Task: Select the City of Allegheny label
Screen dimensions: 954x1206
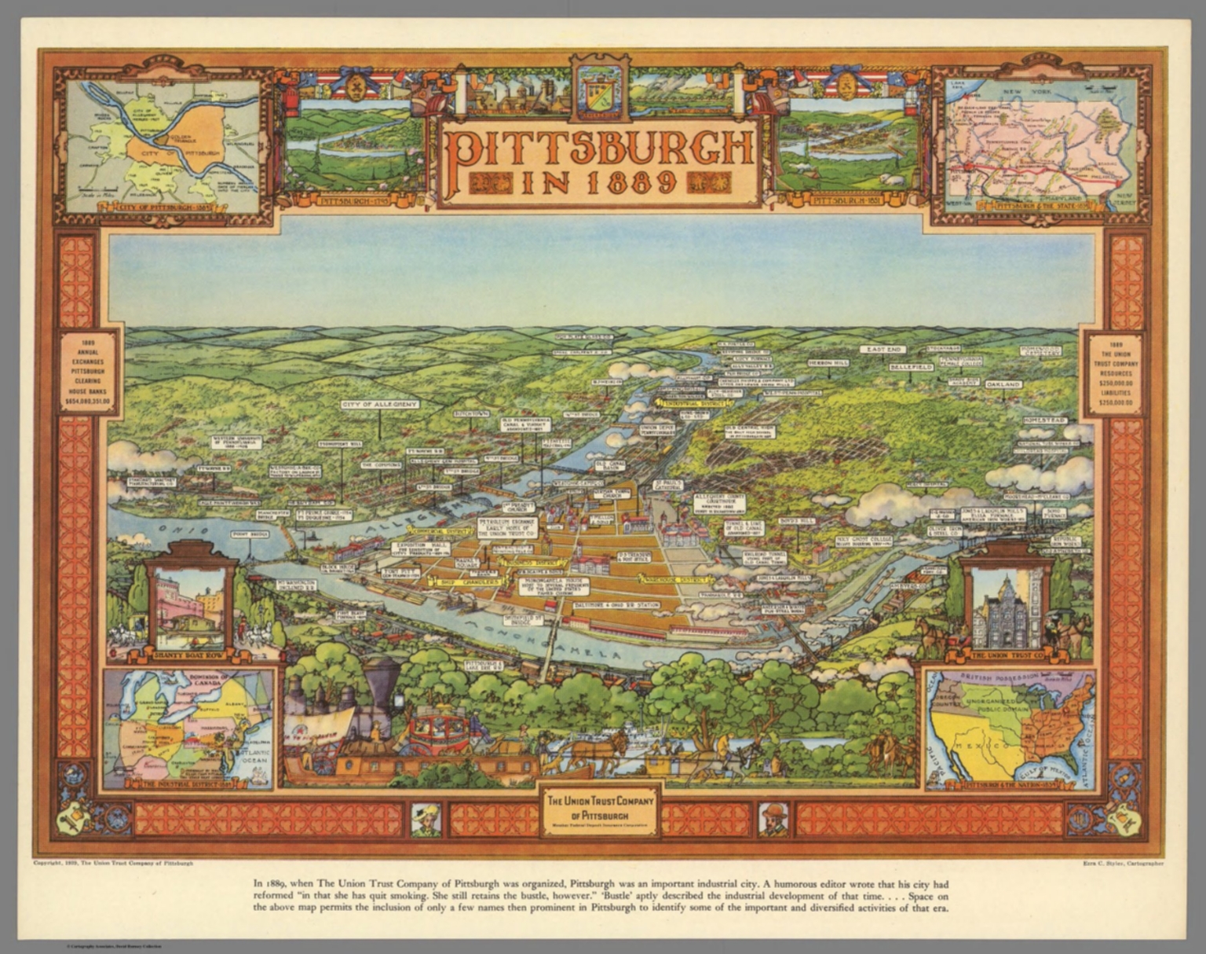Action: click(x=379, y=405)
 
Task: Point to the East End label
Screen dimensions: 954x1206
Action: click(x=883, y=350)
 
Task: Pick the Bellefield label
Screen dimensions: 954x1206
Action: click(x=911, y=367)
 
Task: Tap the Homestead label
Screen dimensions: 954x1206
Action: click(x=1045, y=421)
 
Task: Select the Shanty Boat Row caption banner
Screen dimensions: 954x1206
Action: click(x=190, y=651)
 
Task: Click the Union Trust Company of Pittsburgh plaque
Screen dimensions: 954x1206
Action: click(x=600, y=809)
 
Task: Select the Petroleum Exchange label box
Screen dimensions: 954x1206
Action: click(x=507, y=527)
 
